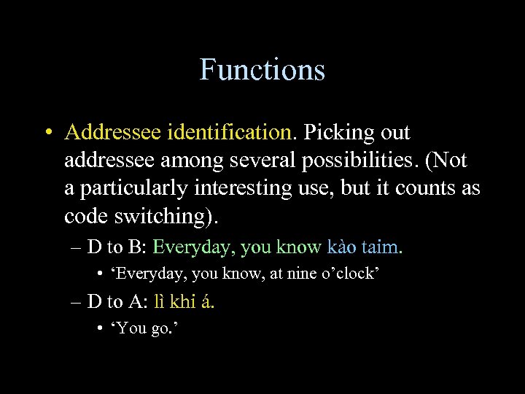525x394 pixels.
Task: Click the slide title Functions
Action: (x=262, y=70)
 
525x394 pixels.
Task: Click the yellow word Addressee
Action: (x=113, y=134)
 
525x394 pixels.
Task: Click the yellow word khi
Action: (x=184, y=301)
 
